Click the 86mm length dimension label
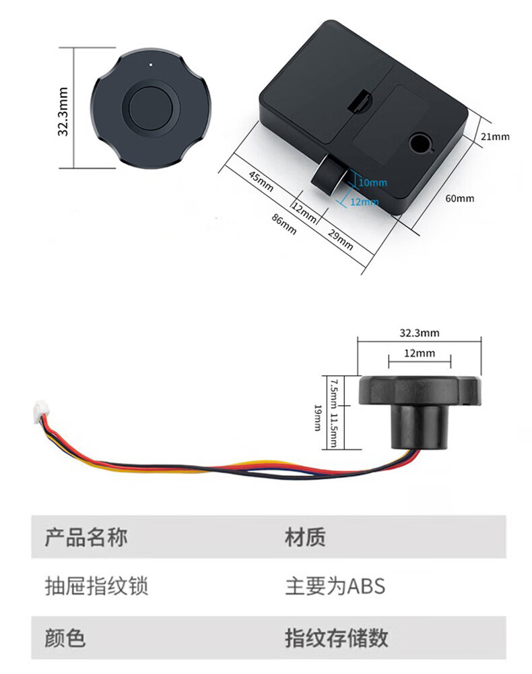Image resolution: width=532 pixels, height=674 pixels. coord(284,223)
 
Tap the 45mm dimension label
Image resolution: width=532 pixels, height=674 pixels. coord(261,182)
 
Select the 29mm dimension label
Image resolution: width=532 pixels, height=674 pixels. coord(340,240)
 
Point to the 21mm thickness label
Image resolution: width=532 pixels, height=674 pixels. coord(495,136)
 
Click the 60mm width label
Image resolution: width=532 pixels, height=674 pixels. coord(460,198)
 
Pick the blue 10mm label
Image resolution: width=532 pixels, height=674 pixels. coord(372,183)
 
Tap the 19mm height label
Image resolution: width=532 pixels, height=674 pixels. coord(317,418)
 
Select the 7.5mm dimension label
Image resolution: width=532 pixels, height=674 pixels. coord(333,389)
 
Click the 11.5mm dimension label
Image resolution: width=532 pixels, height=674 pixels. coord(333,428)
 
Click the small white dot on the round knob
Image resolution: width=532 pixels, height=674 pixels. coord(152,65)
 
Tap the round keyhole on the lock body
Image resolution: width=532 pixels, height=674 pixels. coord(420,142)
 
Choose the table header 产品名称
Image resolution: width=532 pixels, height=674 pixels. coord(86,538)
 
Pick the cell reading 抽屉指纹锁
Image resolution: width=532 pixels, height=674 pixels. coord(96,586)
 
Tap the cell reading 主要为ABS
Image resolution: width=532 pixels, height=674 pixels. coord(335,586)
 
